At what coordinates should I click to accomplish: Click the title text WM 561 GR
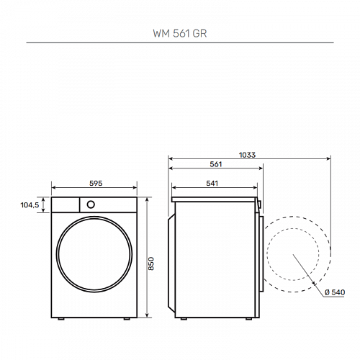pos(180,33)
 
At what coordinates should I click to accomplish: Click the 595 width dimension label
pos(96,183)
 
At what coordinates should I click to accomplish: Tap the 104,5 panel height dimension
pos(30,205)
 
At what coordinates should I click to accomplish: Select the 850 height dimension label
pos(151,264)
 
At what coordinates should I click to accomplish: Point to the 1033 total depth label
pos(247,155)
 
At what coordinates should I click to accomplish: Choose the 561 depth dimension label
pos(216,164)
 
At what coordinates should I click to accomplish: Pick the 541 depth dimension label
pos(212,184)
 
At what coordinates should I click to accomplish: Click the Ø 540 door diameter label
pos(335,292)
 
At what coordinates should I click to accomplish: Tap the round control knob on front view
pos(91,204)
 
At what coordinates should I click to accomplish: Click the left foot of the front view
pos(60,319)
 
